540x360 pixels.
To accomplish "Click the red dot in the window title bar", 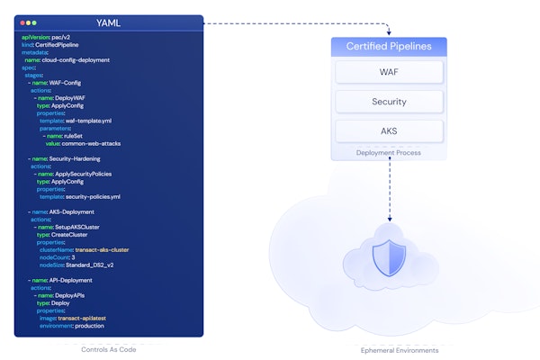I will pyautogui.click(x=21, y=22).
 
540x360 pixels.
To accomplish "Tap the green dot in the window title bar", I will pyautogui.click(x=34, y=22).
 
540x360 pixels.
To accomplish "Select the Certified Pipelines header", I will pyautogui.click(x=389, y=46).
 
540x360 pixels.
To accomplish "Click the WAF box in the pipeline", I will pyautogui.click(x=389, y=72).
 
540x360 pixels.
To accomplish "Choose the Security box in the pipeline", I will pyautogui.click(x=389, y=102).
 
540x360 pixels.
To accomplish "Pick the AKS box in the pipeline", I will pyautogui.click(x=389, y=131).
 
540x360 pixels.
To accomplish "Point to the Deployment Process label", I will pyautogui.click(x=389, y=153).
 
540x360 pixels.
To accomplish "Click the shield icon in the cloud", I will pyautogui.click(x=382, y=258).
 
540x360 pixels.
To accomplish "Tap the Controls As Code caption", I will pyautogui.click(x=109, y=349).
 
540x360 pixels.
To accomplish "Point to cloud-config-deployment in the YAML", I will pyautogui.click(x=77, y=59).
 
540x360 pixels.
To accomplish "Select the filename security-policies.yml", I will pyautogui.click(x=93, y=196).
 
